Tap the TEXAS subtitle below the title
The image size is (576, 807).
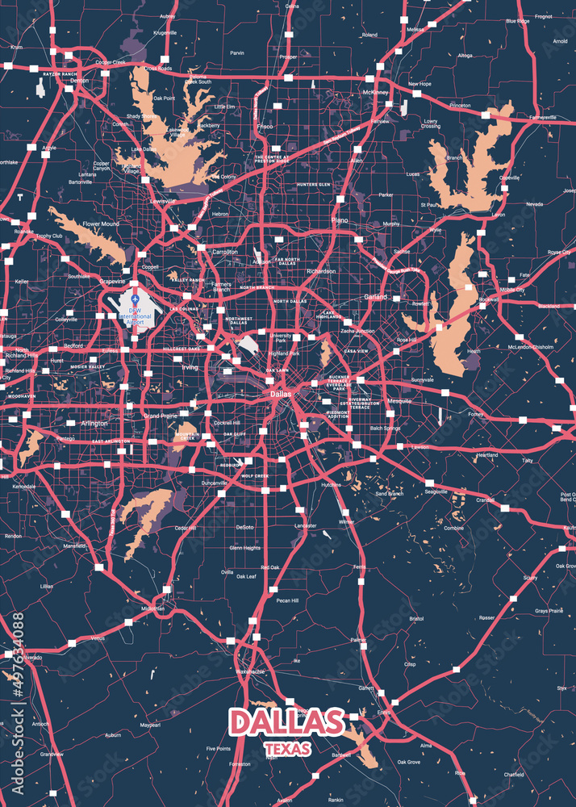tap(287, 750)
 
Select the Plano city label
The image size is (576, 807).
tap(339, 220)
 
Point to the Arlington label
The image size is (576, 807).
tap(94, 423)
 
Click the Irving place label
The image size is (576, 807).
tap(189, 367)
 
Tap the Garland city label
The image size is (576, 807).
tap(374, 297)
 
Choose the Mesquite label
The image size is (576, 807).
tap(399, 401)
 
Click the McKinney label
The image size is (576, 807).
tap(376, 93)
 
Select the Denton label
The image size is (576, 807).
tap(80, 82)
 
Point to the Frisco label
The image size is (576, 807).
tap(265, 127)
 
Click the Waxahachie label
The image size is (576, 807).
tap(250, 671)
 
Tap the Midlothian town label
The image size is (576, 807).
tap(152, 608)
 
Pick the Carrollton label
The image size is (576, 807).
tap(224, 252)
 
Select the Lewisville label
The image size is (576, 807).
tap(163, 201)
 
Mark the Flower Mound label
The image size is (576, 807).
tap(100, 224)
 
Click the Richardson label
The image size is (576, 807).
tap(321, 271)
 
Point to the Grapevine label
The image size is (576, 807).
tap(112, 282)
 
